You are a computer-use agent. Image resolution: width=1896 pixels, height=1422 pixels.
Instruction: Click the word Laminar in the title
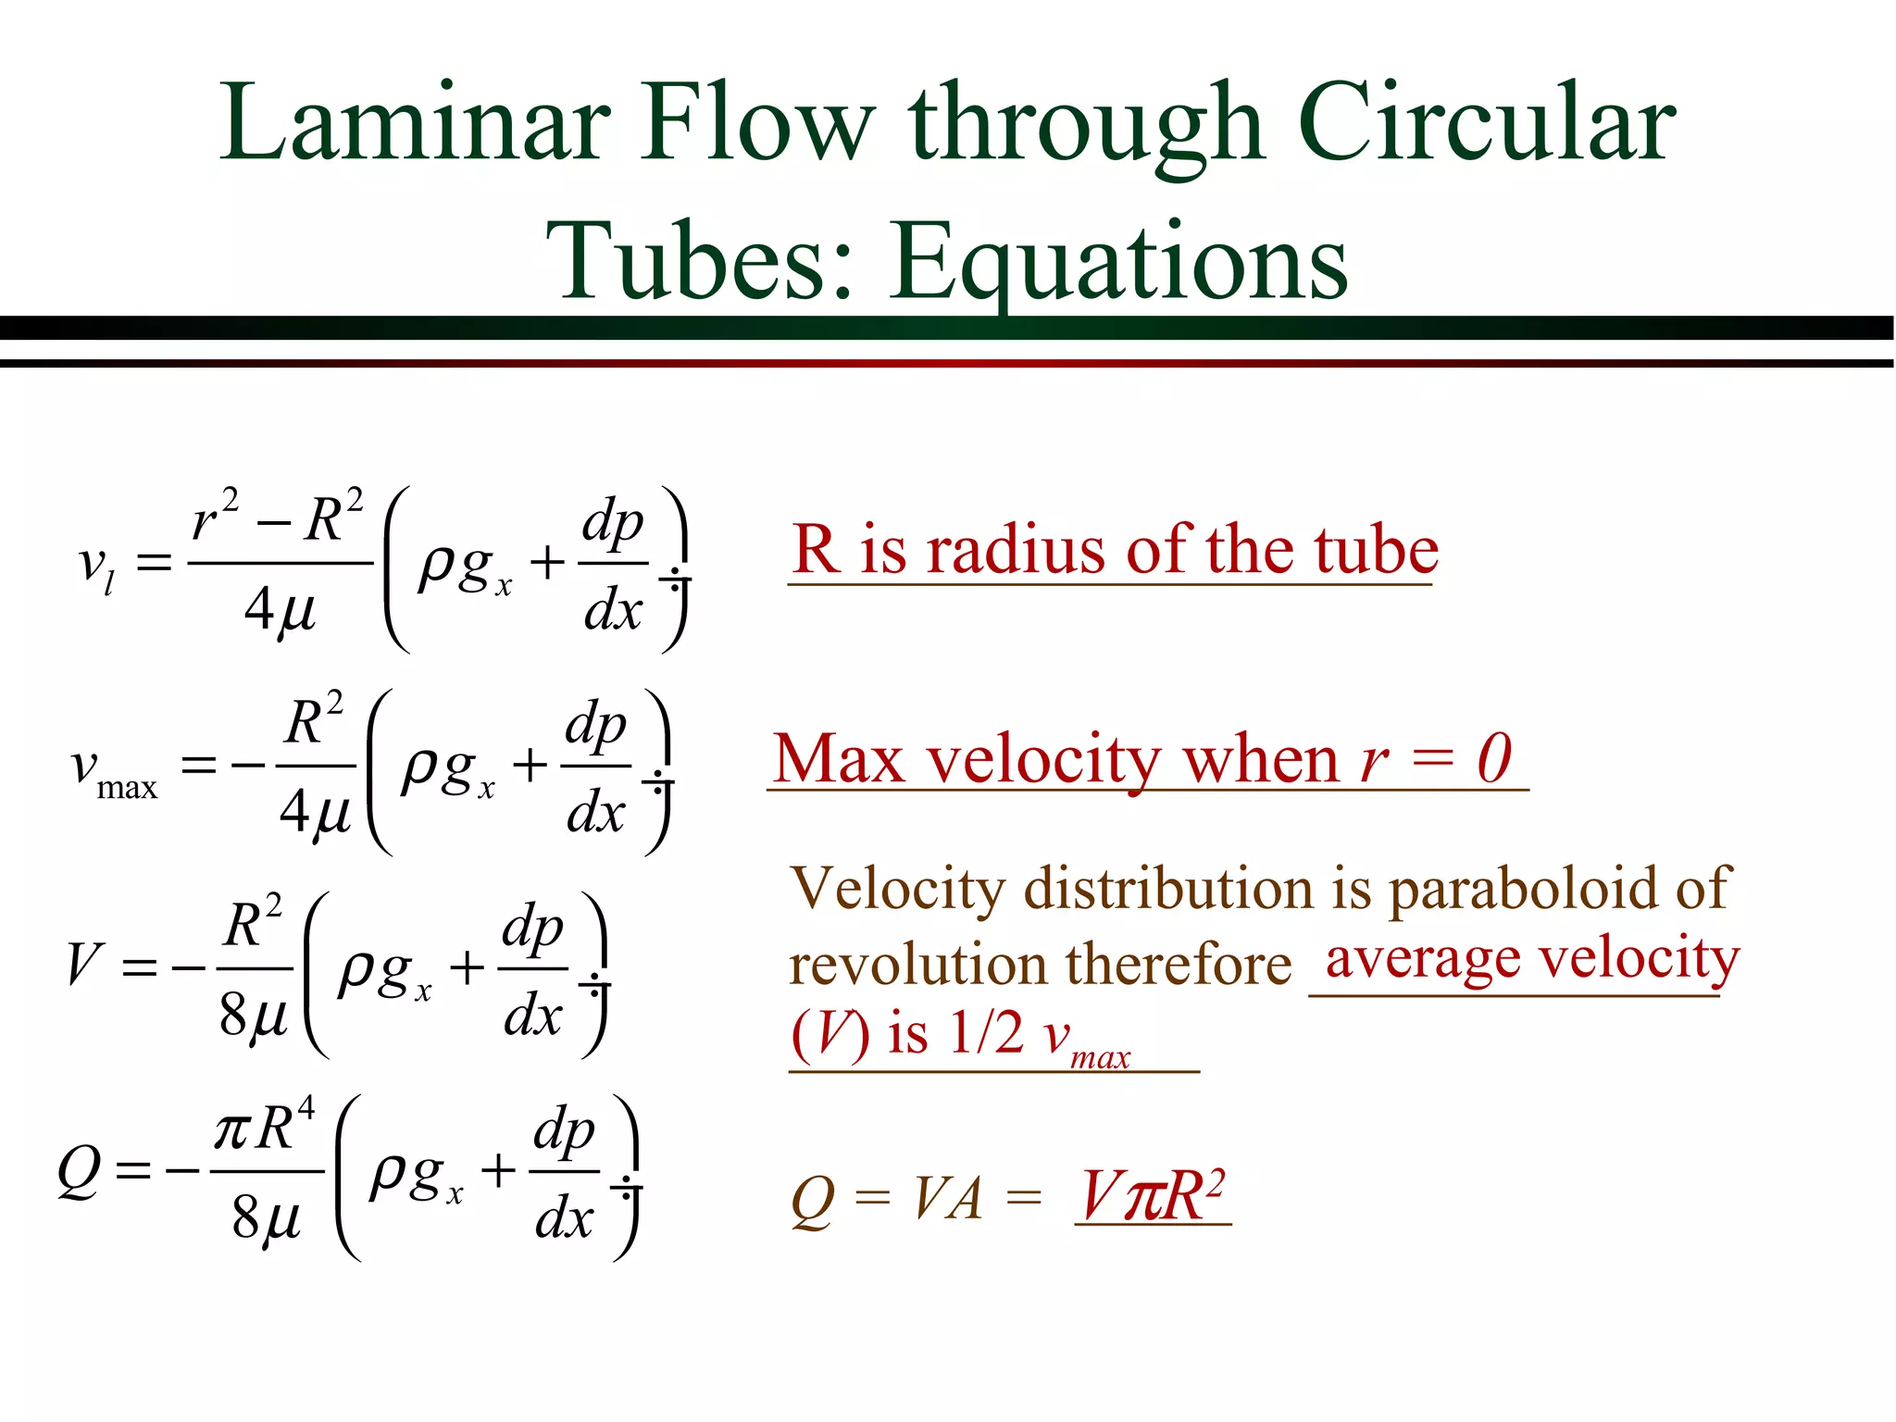click(416, 123)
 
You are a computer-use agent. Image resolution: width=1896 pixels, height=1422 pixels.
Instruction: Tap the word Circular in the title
click(1487, 123)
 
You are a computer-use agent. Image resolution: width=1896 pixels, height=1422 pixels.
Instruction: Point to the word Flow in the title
click(759, 123)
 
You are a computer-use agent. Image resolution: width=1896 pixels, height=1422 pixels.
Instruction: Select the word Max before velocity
click(839, 759)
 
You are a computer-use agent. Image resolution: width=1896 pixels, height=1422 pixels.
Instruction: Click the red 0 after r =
click(1493, 759)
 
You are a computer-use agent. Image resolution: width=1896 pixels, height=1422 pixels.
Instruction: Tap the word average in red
click(1422, 959)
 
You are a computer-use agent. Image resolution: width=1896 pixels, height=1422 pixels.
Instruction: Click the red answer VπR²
click(1153, 1196)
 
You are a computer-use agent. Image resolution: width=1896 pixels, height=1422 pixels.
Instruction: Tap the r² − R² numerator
click(278, 518)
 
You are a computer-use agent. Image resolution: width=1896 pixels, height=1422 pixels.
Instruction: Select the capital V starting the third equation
click(83, 964)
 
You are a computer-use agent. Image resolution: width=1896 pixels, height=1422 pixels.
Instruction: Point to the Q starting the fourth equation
click(79, 1171)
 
